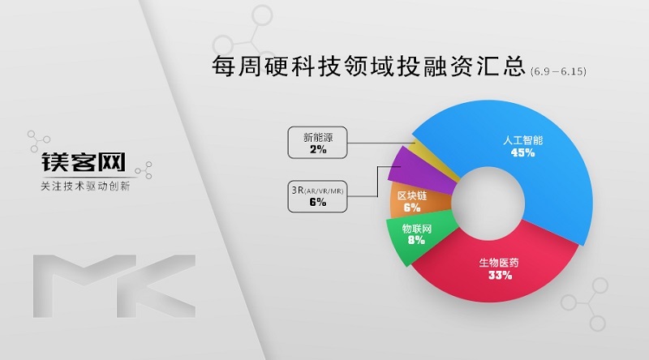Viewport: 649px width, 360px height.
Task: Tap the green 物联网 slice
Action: coord(418,236)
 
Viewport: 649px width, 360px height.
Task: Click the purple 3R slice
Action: coord(418,172)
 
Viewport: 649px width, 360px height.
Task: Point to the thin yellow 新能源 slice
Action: coord(435,159)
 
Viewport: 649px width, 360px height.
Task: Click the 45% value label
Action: coord(522,152)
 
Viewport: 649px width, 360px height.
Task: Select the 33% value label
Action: coord(500,275)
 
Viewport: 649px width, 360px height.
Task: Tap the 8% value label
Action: coord(416,240)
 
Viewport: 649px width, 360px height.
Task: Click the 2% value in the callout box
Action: coord(318,149)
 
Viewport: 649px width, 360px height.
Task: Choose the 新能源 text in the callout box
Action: coord(318,137)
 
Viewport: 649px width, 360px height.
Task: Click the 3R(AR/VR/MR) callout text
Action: coord(317,191)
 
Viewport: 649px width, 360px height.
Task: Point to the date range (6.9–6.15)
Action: coord(558,71)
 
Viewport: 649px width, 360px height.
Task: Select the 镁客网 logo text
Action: coord(84,162)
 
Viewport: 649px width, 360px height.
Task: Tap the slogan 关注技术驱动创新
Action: coord(86,186)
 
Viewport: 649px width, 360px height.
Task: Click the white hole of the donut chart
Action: coord(488,203)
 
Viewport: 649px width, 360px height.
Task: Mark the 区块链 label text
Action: coord(412,195)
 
